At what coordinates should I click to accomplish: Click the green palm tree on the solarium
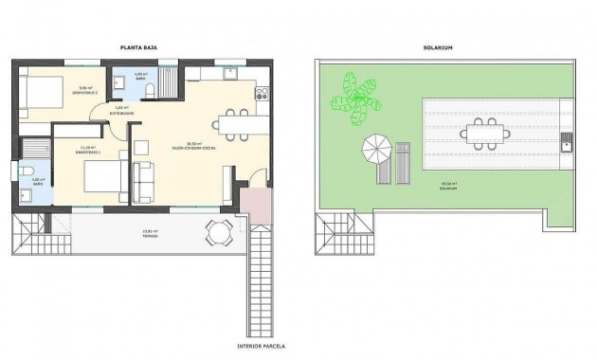(357, 99)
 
